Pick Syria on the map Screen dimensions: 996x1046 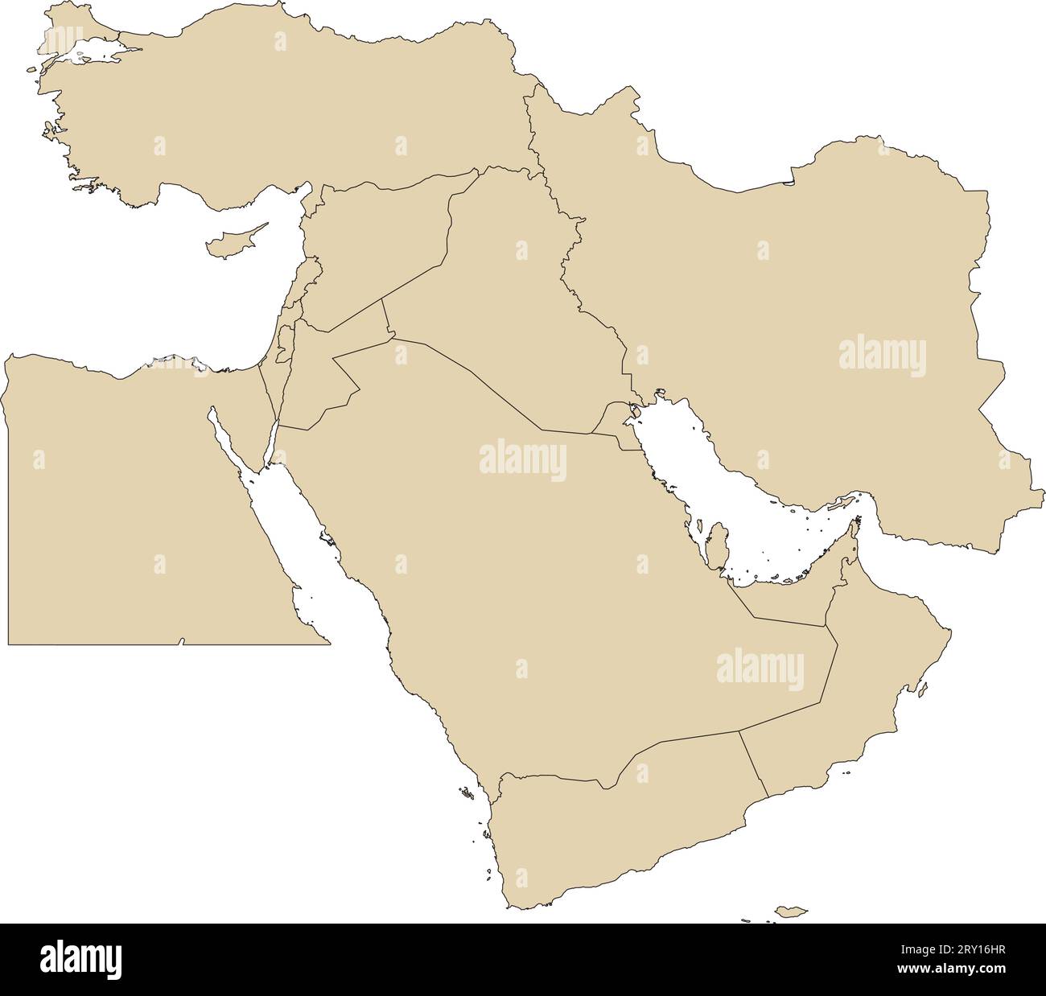(378, 241)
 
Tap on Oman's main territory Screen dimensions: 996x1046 (869, 692)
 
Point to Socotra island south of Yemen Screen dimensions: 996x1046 (791, 912)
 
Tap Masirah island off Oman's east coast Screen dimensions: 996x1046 (922, 689)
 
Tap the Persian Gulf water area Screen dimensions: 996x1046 (724, 483)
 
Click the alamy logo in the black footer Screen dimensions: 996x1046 (80, 959)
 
